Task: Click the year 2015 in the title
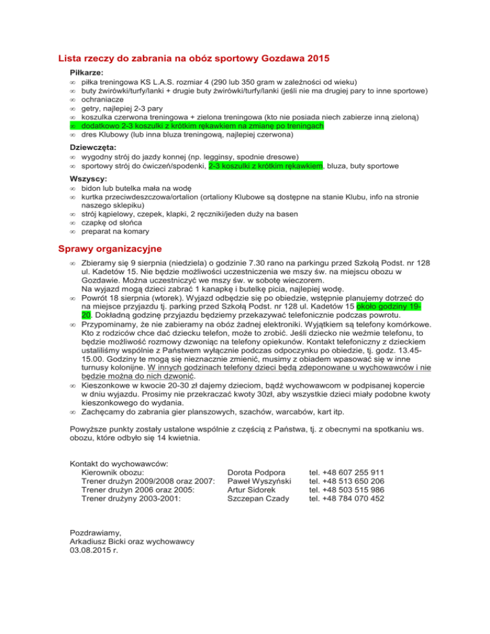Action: (x=316, y=59)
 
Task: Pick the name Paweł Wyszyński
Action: (x=259, y=482)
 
